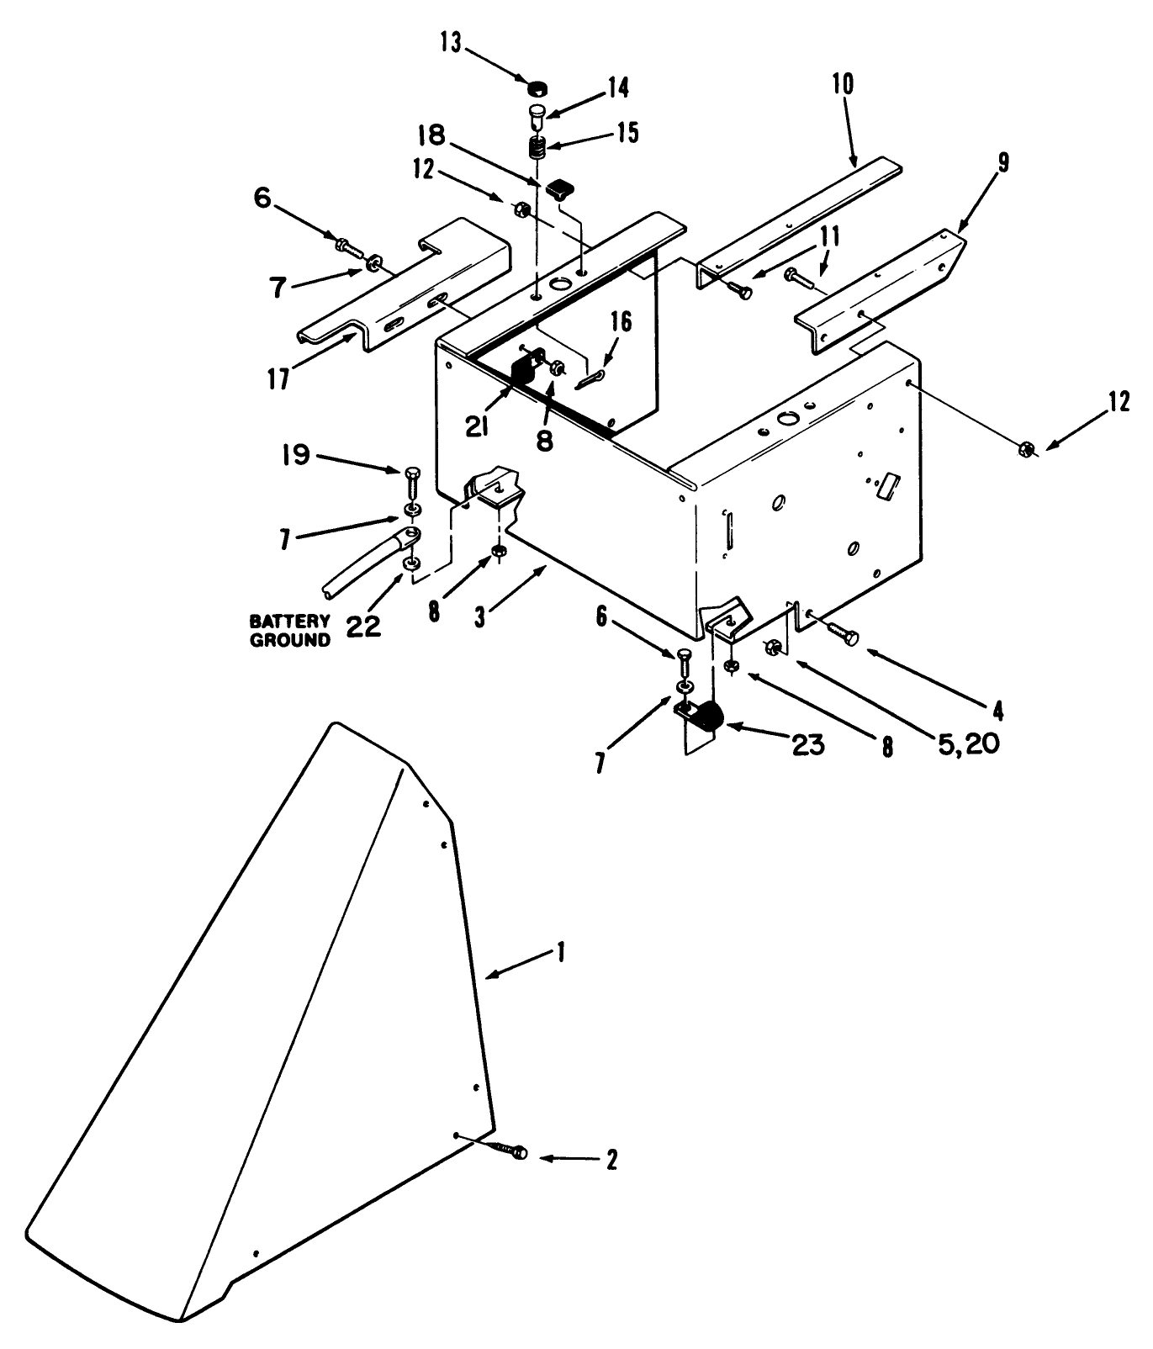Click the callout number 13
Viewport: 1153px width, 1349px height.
tap(452, 43)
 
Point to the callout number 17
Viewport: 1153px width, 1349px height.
tap(279, 378)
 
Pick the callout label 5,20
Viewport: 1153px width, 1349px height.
tap(965, 743)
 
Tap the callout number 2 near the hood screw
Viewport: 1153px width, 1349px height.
tap(611, 1160)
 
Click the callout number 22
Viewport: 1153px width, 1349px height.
tap(363, 627)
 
